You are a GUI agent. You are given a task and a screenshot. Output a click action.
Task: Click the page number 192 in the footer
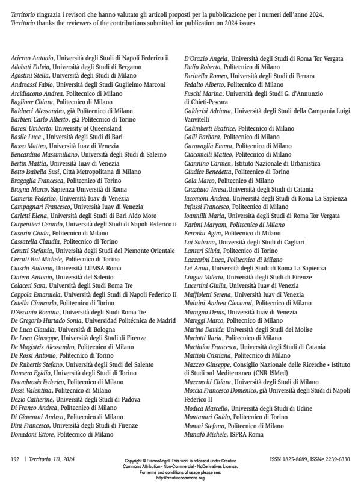[x=16, y=459]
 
